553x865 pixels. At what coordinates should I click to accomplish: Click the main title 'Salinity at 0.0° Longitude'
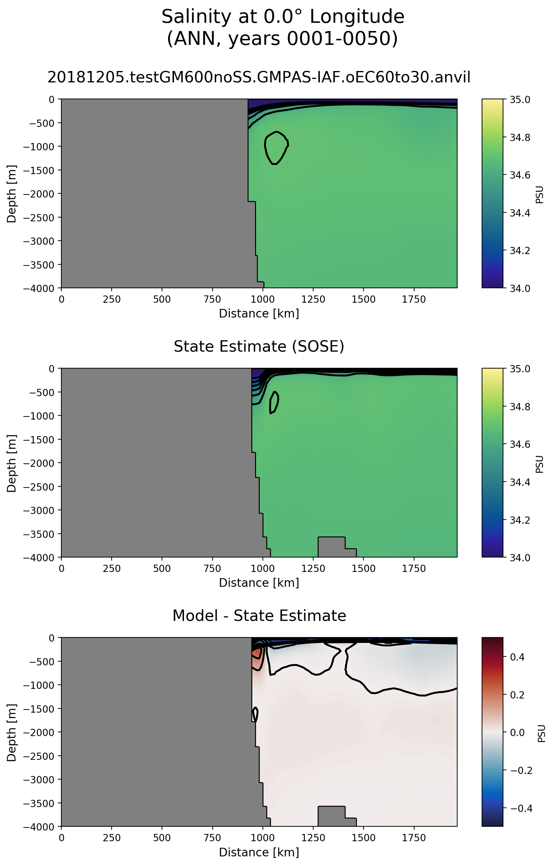click(283, 17)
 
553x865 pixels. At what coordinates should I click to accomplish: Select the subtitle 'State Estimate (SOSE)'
click(259, 346)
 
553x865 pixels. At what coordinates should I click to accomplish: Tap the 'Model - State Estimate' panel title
click(259, 616)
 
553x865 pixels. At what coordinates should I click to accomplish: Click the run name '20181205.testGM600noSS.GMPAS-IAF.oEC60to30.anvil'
click(259, 77)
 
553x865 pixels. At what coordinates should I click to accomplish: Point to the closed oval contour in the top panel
click(276, 148)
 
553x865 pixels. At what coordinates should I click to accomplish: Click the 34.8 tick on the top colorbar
click(520, 137)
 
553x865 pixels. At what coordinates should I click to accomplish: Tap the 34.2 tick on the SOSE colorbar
click(520, 520)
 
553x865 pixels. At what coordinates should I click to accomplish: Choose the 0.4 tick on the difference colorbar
click(517, 657)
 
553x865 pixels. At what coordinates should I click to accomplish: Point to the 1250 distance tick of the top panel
click(313, 299)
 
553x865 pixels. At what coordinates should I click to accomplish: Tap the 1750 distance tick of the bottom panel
click(414, 838)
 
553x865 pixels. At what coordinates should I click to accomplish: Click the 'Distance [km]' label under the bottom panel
click(259, 852)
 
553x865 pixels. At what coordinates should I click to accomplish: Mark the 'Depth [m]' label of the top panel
click(11, 194)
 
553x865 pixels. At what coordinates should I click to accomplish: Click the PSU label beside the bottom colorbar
click(542, 733)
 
